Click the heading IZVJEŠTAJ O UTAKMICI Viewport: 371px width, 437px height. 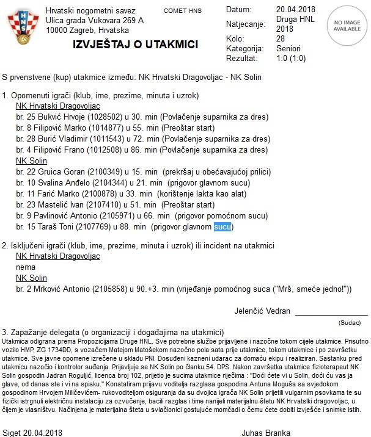pyautogui.click(x=135, y=45)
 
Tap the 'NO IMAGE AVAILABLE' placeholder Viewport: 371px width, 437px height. pyautogui.click(x=347, y=25)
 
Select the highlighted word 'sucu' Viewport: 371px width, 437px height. pyautogui.click(x=223, y=227)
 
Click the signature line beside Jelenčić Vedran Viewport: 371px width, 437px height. pyautogui.click(x=331, y=314)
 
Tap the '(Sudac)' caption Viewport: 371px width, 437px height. pyautogui.click(x=350, y=322)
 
